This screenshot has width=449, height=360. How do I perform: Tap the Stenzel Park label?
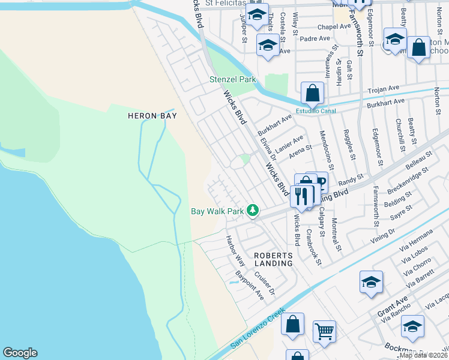point(232,79)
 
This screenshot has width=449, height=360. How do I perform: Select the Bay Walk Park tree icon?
point(254,211)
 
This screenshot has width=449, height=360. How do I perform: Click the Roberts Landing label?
point(273,259)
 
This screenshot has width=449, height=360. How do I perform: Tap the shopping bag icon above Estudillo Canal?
point(312,94)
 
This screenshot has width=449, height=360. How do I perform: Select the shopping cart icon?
point(324,331)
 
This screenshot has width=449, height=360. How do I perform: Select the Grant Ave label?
point(393,306)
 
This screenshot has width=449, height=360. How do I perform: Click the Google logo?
point(20,353)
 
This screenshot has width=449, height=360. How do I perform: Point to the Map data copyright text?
point(423,355)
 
